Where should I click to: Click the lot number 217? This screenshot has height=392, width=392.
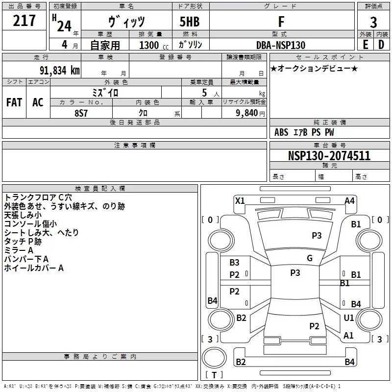pyautogui.click(x=24, y=21)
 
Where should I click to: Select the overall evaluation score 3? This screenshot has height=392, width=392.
pyautogui.click(x=373, y=22)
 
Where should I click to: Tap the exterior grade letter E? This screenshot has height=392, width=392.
pyautogui.click(x=365, y=45)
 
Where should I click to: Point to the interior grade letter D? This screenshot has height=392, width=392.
pyautogui.click(x=381, y=45)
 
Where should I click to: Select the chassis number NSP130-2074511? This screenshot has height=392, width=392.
pyautogui.click(x=329, y=156)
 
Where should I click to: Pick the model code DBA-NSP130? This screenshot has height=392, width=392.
pyautogui.click(x=281, y=45)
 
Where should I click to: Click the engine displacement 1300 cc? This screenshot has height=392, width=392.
pyautogui.click(x=151, y=45)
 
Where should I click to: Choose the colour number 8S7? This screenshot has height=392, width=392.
pyautogui.click(x=81, y=112)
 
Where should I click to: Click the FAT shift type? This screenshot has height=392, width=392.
pyautogui.click(x=14, y=102)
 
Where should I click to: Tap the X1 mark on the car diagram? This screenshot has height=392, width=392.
pyautogui.click(x=240, y=200)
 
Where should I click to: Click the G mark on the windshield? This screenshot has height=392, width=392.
pyautogui.click(x=310, y=258)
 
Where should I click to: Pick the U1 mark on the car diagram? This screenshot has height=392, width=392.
pyautogui.click(x=349, y=318)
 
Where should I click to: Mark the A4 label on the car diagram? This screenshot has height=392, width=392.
pyautogui.click(x=349, y=200)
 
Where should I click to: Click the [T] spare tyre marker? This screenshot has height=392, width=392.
pyautogui.click(x=214, y=375)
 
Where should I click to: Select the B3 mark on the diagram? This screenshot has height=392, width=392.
pyautogui.click(x=235, y=263)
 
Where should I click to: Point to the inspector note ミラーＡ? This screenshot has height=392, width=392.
pyautogui.click(x=18, y=250)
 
